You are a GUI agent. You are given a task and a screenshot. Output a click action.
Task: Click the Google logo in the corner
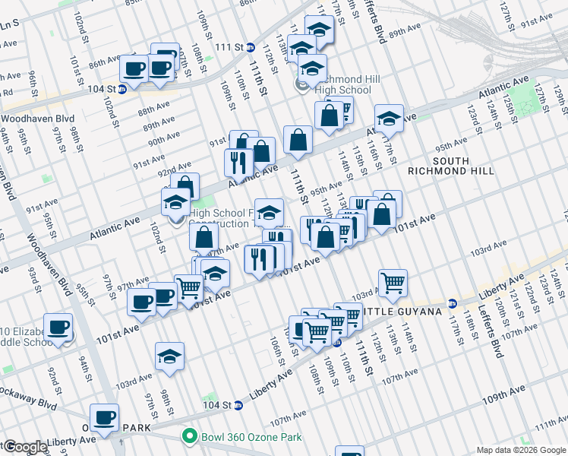[x=24, y=447]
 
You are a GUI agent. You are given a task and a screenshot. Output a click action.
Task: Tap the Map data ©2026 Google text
[x=520, y=450]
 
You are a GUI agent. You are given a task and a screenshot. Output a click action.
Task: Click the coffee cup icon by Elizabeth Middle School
[x=58, y=328]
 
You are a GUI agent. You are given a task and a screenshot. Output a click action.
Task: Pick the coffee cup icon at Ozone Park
[x=104, y=416]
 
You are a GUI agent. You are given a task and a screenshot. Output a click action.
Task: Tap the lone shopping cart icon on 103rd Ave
[x=393, y=283]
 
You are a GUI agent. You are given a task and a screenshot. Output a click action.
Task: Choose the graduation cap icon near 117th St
[x=389, y=118]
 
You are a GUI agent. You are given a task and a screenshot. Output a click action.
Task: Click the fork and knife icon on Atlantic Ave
[x=238, y=162]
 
